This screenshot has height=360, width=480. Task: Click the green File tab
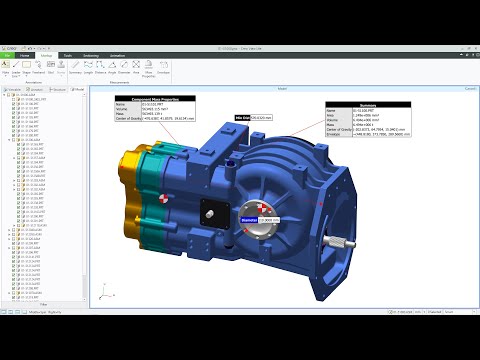(8, 56)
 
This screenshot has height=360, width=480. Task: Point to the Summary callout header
(368, 106)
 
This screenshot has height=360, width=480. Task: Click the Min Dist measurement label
(242, 117)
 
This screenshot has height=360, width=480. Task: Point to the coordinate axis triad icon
(104, 289)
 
